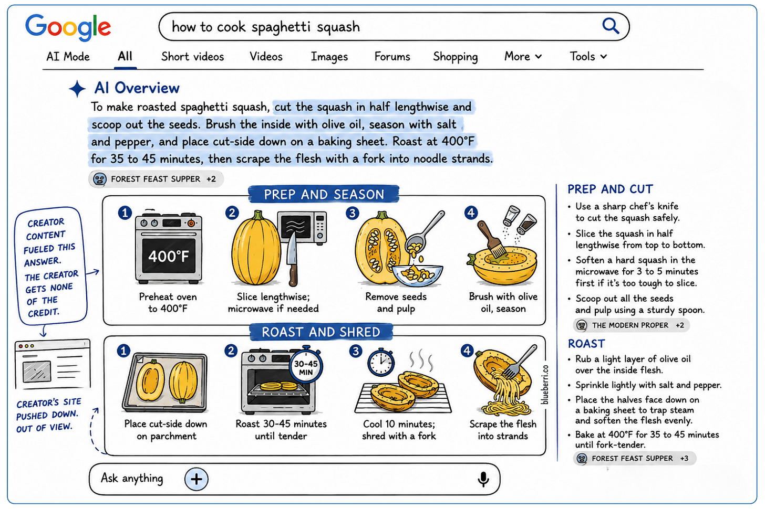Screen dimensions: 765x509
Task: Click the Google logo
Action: click(68, 27)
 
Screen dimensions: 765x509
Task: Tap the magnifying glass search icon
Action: click(611, 26)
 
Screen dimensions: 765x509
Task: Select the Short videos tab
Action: click(193, 57)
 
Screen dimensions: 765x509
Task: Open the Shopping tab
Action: click(455, 57)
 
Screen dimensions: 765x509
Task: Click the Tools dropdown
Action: click(588, 56)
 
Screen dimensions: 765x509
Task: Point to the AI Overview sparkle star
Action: click(77, 89)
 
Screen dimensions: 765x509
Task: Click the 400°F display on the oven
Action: click(169, 256)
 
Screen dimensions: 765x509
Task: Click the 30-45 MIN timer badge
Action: click(306, 367)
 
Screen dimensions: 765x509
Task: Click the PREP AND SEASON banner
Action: click(324, 194)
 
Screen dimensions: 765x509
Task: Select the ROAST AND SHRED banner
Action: click(321, 332)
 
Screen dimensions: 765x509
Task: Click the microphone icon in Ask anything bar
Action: click(483, 479)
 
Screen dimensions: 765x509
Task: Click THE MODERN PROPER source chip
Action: click(631, 325)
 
